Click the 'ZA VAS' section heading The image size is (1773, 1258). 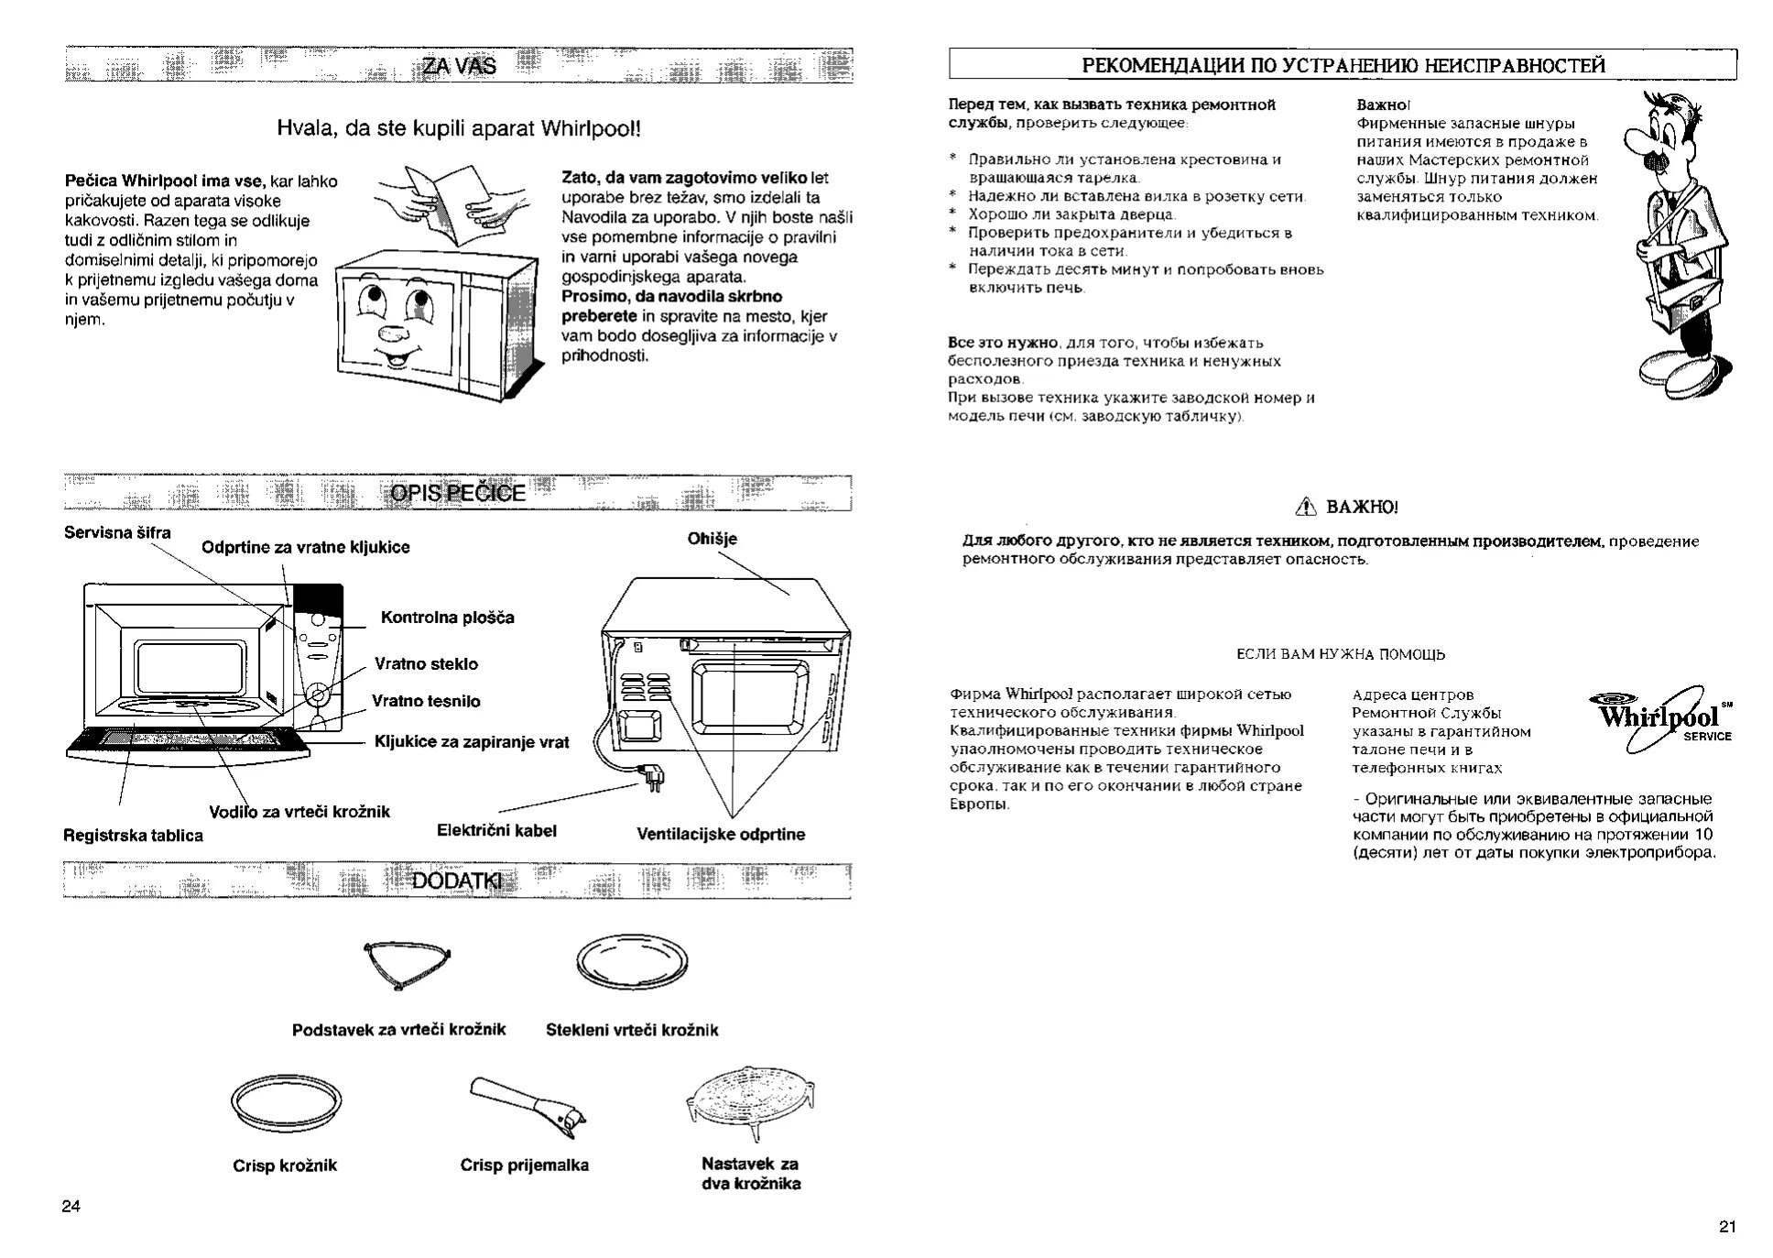click(458, 65)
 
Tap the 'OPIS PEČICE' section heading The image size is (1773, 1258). click(458, 493)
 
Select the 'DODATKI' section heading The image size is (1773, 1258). click(458, 881)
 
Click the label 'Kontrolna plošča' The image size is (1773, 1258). click(447, 618)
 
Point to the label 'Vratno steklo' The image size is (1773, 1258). click(426, 664)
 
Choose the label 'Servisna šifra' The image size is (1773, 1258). click(117, 532)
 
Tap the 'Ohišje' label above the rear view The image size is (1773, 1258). click(712, 539)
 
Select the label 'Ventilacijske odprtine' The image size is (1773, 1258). click(721, 835)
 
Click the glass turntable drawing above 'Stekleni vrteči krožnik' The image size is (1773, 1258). click(632, 962)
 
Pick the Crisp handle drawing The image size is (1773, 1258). click(529, 1104)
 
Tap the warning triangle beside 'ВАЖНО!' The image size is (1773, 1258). click(1306, 507)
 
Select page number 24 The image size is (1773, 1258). click(71, 1206)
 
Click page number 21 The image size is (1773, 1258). click(1727, 1227)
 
